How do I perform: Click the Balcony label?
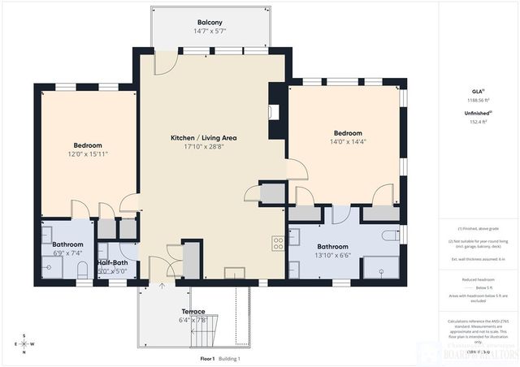(x=210, y=22)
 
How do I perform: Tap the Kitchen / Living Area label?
(x=203, y=138)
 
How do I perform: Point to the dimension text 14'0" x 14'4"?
(x=347, y=142)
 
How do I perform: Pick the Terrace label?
(x=193, y=311)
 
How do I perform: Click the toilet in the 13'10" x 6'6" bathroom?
(x=391, y=235)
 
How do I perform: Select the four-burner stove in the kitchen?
(x=278, y=242)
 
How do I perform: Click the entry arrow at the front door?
(x=162, y=285)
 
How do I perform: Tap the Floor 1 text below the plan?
(x=207, y=358)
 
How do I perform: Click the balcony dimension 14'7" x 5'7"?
(x=210, y=32)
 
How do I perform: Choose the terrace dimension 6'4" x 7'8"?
(x=193, y=319)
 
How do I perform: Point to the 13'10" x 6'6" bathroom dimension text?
(x=333, y=256)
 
